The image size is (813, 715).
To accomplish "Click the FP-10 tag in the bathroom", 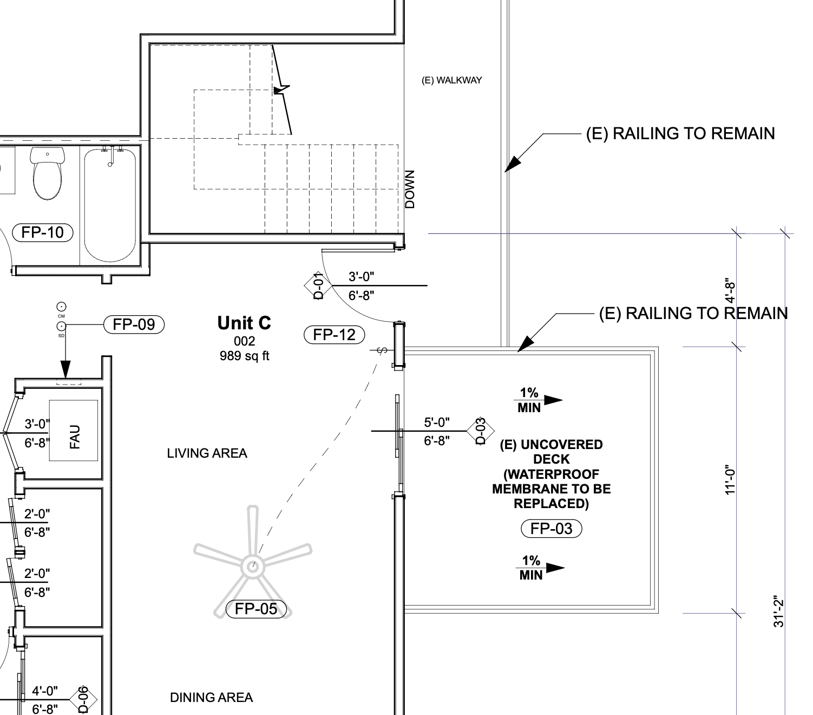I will (x=42, y=232).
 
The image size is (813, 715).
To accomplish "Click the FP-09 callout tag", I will (x=134, y=324).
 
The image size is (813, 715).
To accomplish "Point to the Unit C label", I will (x=244, y=323).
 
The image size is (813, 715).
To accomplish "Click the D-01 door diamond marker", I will (x=319, y=287).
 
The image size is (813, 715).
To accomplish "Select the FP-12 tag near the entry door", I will (x=335, y=334).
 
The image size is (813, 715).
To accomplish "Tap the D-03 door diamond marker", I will (x=480, y=431).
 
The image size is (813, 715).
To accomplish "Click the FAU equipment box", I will (x=74, y=431).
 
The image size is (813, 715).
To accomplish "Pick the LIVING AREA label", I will (x=207, y=453).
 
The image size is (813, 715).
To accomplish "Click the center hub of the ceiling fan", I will (x=252, y=567).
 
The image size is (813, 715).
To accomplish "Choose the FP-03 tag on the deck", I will (x=551, y=528).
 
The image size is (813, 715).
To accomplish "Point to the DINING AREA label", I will (x=211, y=698).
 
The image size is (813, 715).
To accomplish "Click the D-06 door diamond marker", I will (x=83, y=700).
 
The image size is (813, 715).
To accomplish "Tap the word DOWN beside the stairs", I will (x=410, y=189).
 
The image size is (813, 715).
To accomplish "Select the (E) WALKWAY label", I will (x=451, y=80).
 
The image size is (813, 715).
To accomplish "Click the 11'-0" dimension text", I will (x=731, y=479).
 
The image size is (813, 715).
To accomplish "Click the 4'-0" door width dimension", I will (x=45, y=691).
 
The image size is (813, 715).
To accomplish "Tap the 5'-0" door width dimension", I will (x=436, y=422).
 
